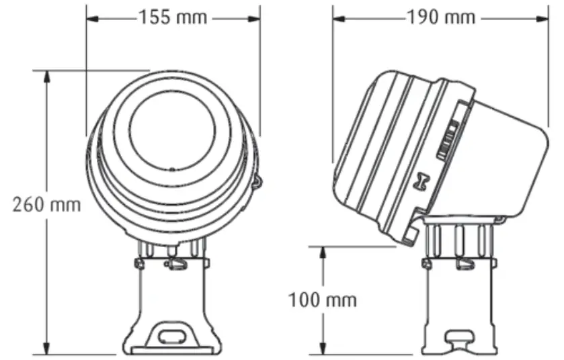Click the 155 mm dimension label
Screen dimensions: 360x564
(173, 17)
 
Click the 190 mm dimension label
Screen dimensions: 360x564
(440, 17)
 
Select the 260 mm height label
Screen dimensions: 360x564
(46, 204)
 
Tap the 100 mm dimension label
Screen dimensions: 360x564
(323, 299)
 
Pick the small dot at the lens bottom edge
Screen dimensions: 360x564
(172, 169)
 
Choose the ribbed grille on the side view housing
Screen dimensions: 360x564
(449, 138)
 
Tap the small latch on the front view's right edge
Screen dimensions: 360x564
(257, 180)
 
